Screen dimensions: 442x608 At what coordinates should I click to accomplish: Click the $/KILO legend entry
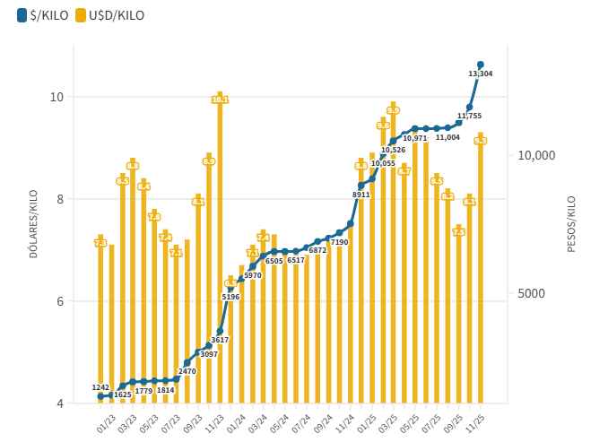41,15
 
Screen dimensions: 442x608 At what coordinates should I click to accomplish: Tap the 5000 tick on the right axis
529,294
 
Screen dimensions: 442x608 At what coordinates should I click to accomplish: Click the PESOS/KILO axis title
571,224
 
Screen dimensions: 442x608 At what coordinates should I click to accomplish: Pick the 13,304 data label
481,74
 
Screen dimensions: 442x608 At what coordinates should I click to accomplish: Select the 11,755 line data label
469,116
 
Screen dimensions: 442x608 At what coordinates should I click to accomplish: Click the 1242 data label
100,387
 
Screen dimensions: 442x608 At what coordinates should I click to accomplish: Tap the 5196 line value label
230,297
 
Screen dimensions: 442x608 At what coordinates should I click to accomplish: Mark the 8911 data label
360,195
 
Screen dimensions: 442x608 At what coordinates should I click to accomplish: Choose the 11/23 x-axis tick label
215,420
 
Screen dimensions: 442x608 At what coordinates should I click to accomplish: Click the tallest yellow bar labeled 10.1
220,251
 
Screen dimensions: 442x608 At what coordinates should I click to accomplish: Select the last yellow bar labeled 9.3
481,269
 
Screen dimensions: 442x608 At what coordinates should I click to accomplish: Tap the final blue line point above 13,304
481,65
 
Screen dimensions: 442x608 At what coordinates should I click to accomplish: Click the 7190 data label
339,243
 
